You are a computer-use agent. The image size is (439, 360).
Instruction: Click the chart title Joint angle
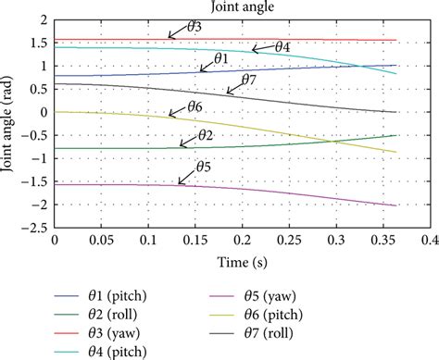(243, 6)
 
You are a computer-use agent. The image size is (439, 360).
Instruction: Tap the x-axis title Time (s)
(243, 263)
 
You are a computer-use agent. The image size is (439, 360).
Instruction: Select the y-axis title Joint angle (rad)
(7, 124)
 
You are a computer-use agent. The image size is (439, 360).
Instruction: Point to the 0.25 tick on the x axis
(289, 240)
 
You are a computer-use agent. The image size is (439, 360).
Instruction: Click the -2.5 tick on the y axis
(34, 229)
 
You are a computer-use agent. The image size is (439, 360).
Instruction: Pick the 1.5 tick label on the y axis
(40, 43)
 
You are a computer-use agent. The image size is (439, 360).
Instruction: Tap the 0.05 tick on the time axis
(102, 240)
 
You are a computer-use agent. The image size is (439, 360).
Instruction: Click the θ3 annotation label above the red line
(194, 27)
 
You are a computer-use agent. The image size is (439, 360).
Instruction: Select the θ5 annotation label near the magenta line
(204, 167)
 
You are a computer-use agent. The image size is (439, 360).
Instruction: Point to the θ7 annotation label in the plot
(249, 80)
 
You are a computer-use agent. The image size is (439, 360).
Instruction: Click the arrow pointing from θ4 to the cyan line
(263, 48)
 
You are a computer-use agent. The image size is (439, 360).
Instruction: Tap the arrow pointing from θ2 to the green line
(188, 141)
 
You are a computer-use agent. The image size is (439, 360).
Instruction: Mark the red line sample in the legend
(67, 333)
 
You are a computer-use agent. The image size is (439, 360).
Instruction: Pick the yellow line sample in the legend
(221, 315)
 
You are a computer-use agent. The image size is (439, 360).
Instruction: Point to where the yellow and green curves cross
(332, 142)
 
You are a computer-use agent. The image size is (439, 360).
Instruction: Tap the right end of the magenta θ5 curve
(395, 205)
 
